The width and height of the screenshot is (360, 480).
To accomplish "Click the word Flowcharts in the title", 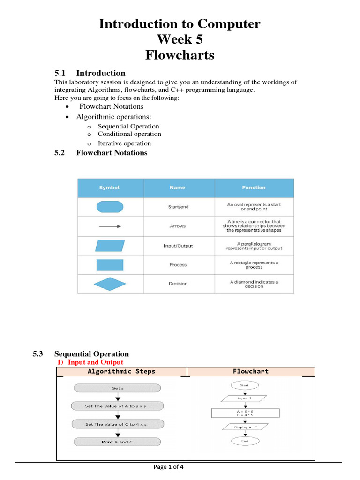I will click(180, 55).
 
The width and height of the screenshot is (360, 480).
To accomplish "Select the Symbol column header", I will click(109, 187).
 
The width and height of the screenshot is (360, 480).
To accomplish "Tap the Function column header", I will click(254, 187).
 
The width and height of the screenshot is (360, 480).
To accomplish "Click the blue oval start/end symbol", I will click(110, 207).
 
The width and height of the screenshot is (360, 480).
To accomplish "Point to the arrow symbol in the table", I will click(110, 226).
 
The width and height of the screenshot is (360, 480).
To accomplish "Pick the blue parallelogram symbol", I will click(110, 246).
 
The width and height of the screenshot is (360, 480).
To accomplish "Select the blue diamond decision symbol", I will click(110, 284).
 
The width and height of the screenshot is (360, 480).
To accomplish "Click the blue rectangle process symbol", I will click(110, 265).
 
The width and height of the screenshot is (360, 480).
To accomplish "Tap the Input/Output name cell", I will click(178, 246).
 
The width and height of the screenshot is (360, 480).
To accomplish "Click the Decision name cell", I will click(178, 284).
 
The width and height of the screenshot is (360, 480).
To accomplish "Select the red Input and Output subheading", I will click(96, 362).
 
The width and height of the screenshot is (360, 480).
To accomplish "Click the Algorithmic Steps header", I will click(121, 371).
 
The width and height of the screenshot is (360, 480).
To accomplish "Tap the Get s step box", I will click(117, 388).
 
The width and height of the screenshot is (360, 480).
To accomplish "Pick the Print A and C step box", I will click(117, 442).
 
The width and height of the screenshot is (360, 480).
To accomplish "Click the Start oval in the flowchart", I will click(244, 385).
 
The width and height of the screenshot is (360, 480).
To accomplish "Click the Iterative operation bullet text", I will click(124, 143).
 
